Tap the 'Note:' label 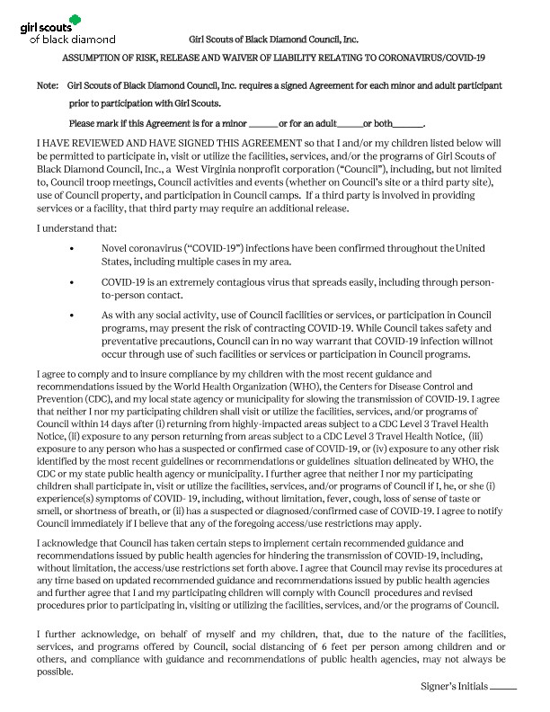pyautogui.click(x=47, y=85)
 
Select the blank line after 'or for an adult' pyautogui.click(x=351, y=123)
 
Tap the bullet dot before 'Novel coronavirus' pyautogui.click(x=71, y=248)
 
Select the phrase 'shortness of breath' pyautogui.click(x=108, y=512)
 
